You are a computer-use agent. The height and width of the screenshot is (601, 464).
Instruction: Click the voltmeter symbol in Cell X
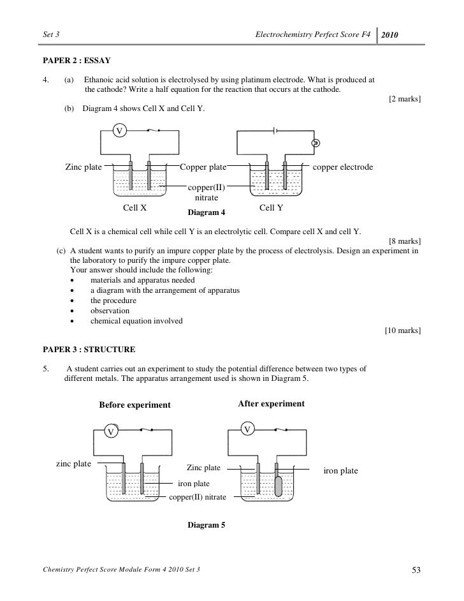tap(119, 131)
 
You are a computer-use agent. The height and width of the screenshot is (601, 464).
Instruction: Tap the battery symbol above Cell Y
tap(275, 131)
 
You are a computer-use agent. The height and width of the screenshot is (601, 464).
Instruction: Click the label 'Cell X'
tap(135, 207)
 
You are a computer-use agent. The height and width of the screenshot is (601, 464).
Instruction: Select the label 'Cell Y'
tap(272, 207)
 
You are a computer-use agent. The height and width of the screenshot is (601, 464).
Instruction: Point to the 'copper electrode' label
tap(343, 167)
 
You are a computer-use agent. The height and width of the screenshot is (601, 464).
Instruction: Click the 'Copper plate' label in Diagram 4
tap(203, 167)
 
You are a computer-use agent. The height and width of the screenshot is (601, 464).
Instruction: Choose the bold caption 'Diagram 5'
tap(205, 525)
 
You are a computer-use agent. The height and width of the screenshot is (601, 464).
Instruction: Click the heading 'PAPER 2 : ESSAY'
tap(76, 61)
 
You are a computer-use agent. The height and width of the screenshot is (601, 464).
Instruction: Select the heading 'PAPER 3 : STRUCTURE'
tap(88, 349)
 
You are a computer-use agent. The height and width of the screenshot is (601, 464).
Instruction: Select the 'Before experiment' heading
tap(134, 405)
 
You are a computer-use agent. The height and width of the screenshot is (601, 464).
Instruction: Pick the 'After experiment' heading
tap(271, 404)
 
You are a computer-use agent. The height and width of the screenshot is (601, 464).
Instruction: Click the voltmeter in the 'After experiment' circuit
tap(247, 427)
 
